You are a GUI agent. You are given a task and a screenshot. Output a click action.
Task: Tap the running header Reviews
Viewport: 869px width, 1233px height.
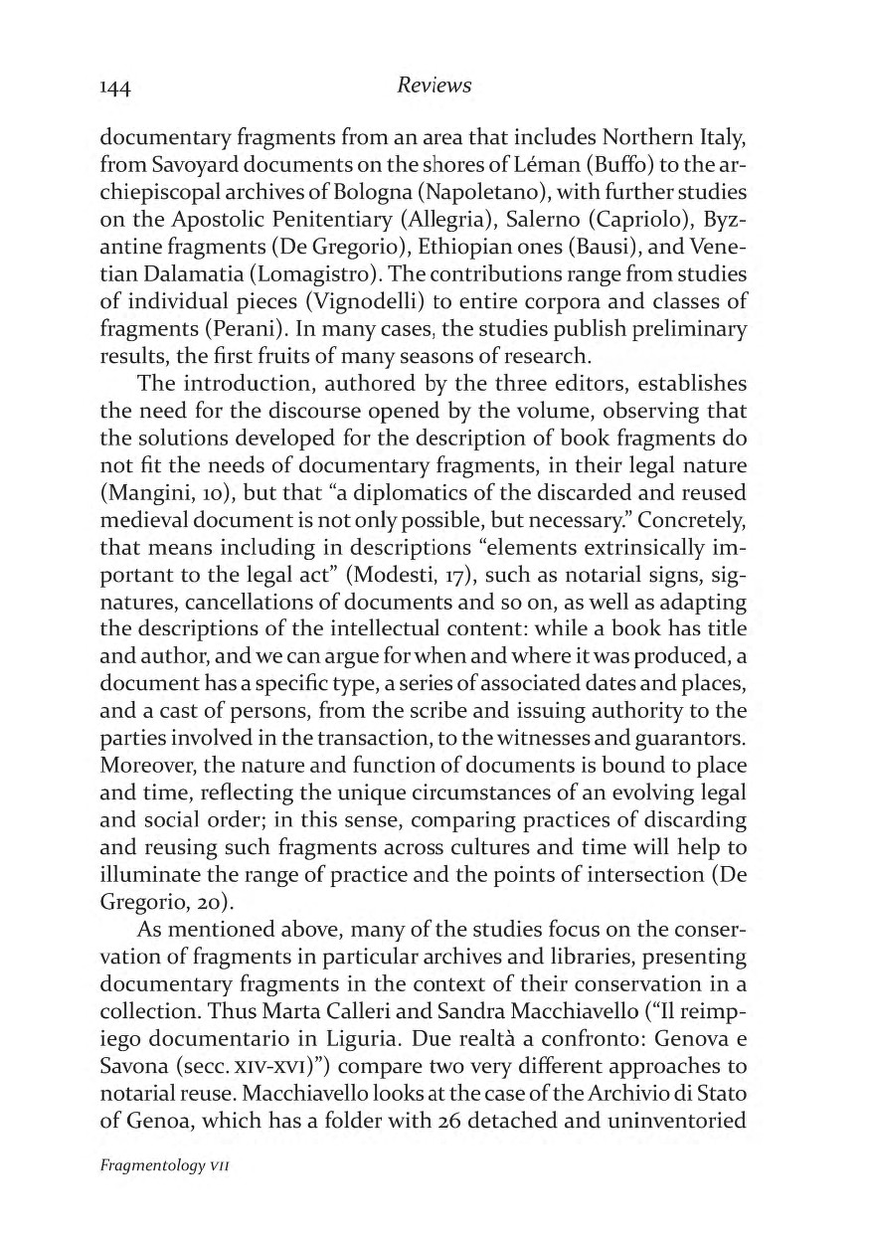click(x=434, y=87)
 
